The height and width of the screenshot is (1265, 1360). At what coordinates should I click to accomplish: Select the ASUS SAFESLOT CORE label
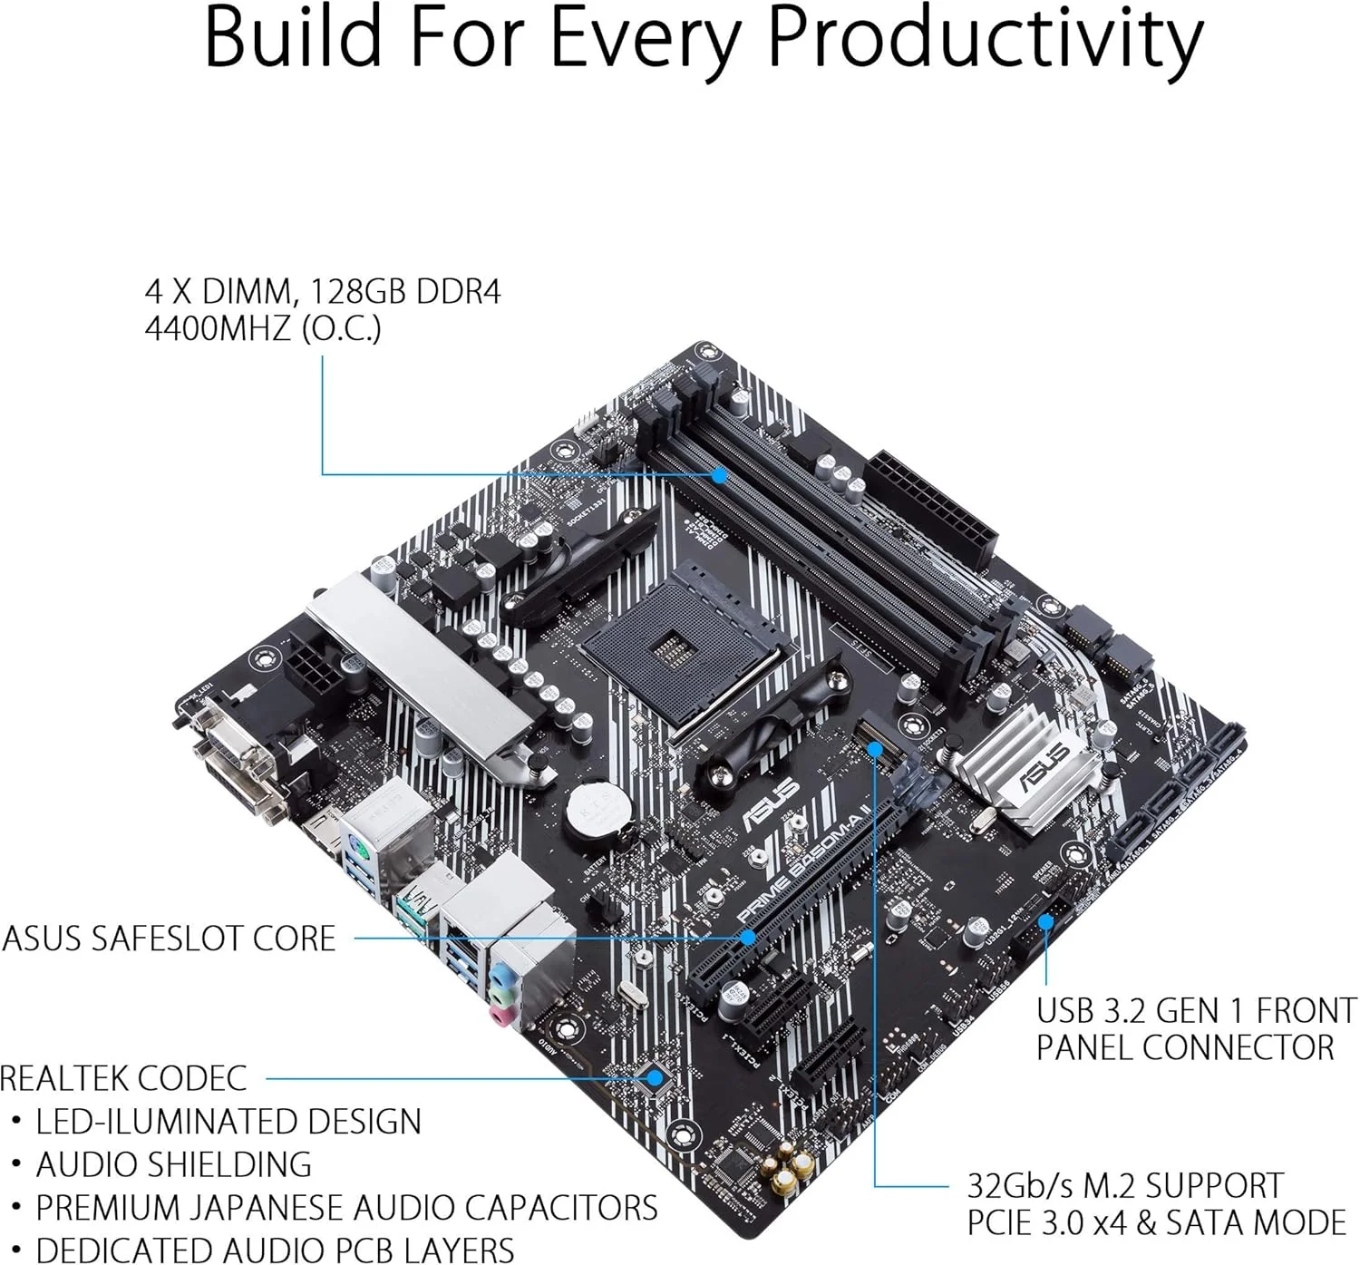tap(169, 938)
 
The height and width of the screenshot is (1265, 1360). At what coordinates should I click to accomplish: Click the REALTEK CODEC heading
tap(123, 1078)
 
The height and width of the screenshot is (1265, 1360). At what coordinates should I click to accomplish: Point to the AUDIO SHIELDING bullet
tap(173, 1164)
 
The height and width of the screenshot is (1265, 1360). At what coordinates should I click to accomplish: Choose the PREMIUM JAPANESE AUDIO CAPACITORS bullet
tap(346, 1208)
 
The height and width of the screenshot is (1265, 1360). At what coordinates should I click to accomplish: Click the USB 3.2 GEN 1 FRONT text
tap(1196, 1010)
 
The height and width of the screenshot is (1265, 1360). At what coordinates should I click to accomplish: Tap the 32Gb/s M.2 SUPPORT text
tap(1124, 1185)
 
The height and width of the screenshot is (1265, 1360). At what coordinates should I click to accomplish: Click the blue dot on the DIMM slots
tap(719, 474)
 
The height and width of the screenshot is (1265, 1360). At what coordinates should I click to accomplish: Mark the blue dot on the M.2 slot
tap(874, 749)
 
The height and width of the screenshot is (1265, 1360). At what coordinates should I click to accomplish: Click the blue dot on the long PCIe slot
tap(748, 938)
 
